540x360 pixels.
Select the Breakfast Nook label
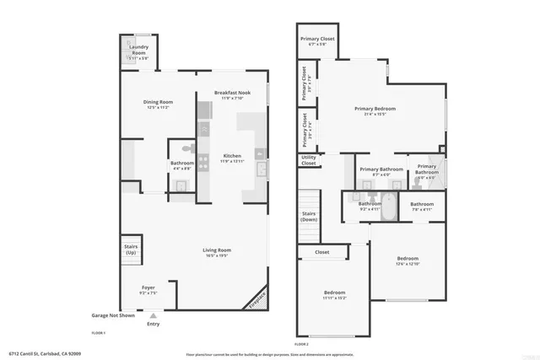(x=232, y=94)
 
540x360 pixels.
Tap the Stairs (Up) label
(x=131, y=250)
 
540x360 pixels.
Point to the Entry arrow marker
(x=153, y=315)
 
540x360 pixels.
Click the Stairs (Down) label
(x=309, y=217)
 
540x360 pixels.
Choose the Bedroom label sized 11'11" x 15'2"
(x=335, y=295)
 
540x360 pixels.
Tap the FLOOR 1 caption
(x=99, y=332)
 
